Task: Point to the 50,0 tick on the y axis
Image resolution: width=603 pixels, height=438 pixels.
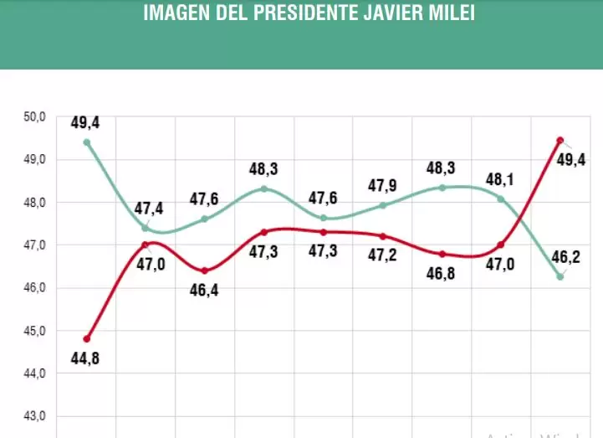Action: click(x=35, y=116)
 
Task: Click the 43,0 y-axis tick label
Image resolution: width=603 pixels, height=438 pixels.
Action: click(x=35, y=416)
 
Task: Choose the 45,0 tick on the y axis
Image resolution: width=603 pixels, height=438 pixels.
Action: click(x=35, y=331)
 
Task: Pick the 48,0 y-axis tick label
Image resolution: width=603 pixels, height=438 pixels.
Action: click(x=35, y=203)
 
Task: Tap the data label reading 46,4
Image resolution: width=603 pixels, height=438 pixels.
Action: click(x=204, y=292)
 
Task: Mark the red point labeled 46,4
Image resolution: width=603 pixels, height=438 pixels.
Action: click(x=204, y=271)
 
